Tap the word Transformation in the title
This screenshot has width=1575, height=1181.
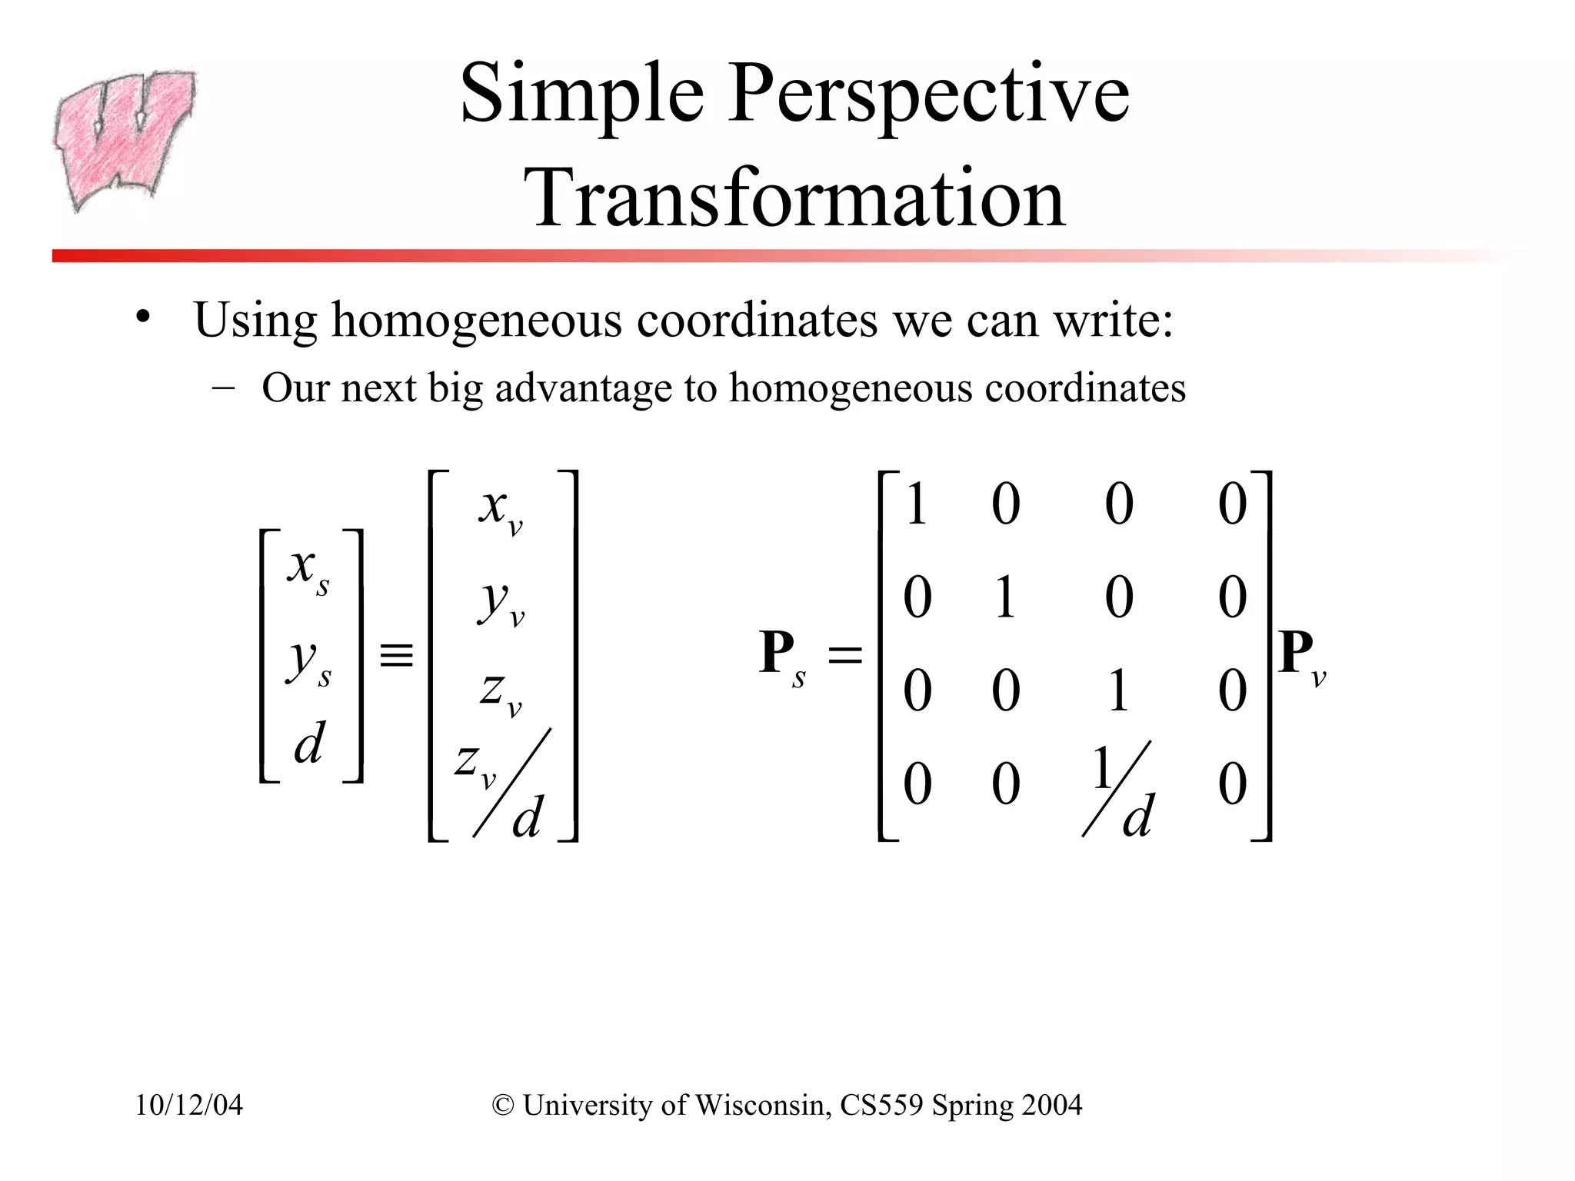[x=796, y=198]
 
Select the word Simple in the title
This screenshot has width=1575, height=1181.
[x=581, y=95]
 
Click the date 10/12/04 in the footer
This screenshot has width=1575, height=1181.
[x=189, y=1105]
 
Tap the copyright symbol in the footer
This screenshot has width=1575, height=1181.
[x=503, y=1106]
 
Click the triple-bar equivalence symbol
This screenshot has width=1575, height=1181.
[x=397, y=656]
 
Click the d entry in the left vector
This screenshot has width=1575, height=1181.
[x=309, y=744]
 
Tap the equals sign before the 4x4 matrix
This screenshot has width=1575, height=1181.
[x=844, y=656]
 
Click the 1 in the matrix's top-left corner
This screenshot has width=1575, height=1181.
[x=916, y=505]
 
